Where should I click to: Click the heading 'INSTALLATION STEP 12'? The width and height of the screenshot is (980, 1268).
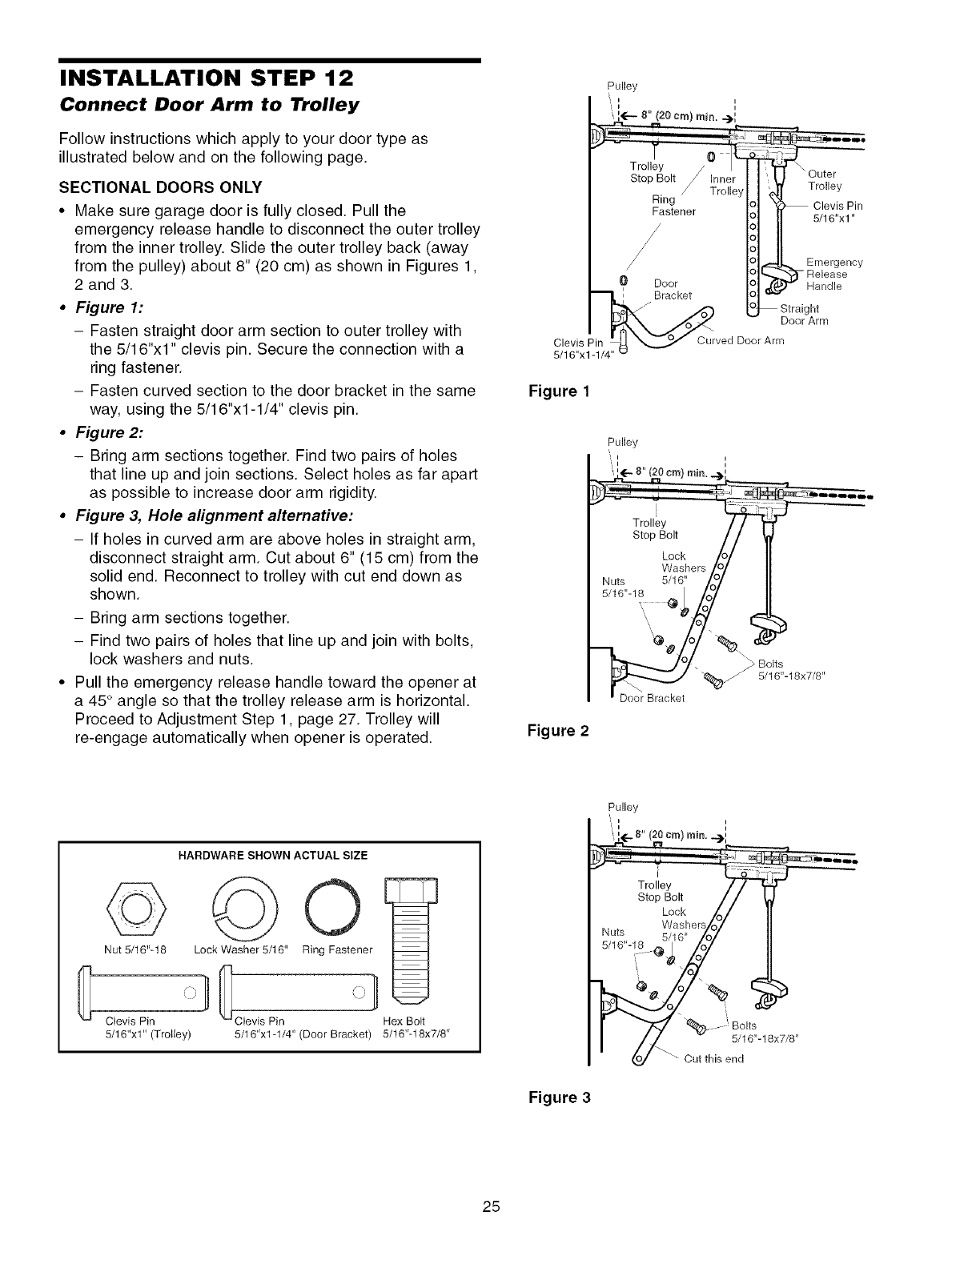coord(207,80)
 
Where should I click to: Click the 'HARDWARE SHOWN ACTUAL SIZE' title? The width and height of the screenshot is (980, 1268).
coord(268,855)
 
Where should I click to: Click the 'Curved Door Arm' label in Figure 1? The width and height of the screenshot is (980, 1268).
coord(741,340)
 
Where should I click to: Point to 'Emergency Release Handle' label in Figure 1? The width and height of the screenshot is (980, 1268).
coord(833,274)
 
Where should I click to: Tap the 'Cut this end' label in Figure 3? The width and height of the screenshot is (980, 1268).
coord(713,1058)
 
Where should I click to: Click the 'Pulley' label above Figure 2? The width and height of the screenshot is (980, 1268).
coord(622,441)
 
